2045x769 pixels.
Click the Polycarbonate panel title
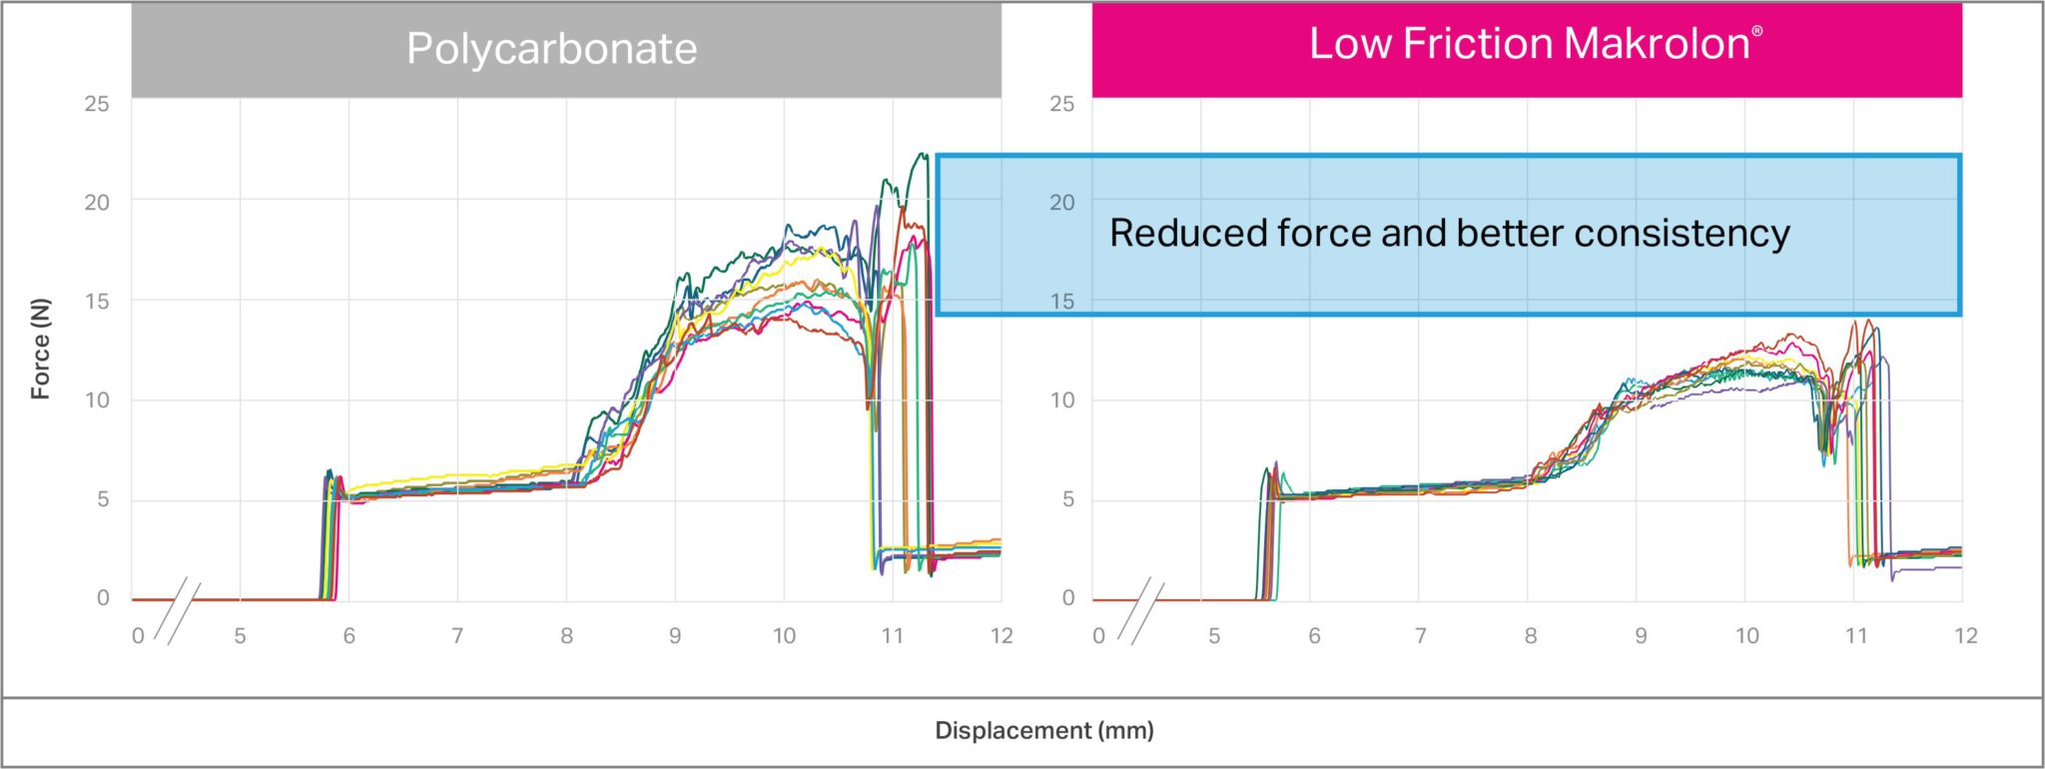[551, 49]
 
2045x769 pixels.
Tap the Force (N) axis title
[41, 350]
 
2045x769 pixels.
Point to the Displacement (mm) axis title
[1043, 731]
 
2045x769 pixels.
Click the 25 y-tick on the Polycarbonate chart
[97, 104]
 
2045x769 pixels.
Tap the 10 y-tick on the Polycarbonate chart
[97, 399]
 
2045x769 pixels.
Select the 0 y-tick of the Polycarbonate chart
[103, 597]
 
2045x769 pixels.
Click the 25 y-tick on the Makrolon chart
[1061, 104]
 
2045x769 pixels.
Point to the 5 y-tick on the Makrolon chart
[1067, 498]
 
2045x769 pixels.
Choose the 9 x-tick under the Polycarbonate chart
[675, 636]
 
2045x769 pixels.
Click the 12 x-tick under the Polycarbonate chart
[1001, 636]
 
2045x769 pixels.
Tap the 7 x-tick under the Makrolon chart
[1420, 636]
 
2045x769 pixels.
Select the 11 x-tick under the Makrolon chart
[1855, 636]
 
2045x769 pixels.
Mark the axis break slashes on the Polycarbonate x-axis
[183, 611]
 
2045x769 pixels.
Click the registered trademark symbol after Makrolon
[1757, 30]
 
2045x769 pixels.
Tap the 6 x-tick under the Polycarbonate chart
[348, 636]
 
